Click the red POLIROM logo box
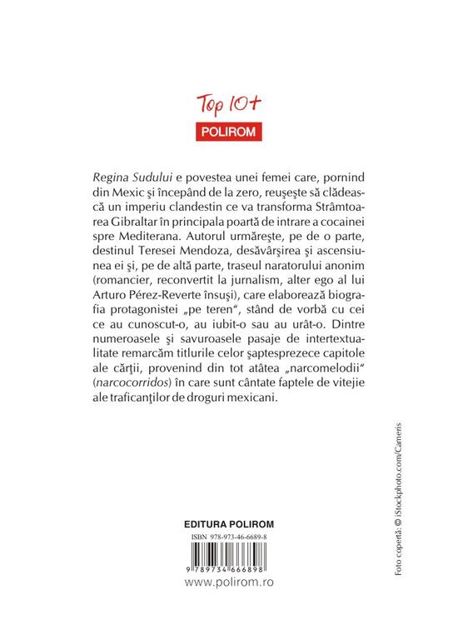228,131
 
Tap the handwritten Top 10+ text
227,104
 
